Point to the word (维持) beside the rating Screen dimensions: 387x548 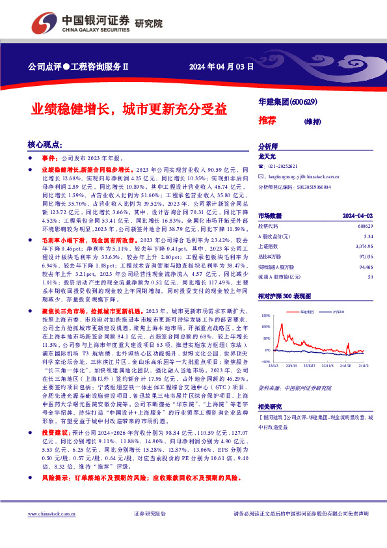314,120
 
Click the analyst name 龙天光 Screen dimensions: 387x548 267,157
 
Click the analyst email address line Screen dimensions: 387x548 298,176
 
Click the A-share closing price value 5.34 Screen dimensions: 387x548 368,236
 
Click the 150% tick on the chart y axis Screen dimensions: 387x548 265,315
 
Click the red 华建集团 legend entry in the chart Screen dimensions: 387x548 310,312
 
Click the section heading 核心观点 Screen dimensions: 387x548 44,144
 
